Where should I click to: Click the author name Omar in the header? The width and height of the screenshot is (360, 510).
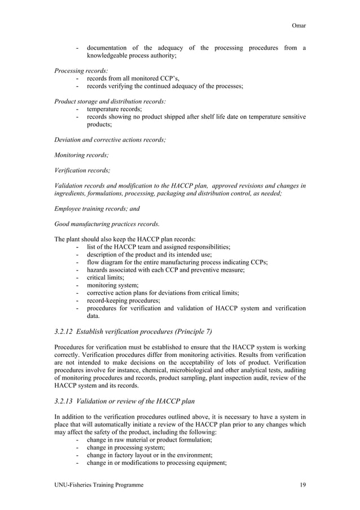[x=298, y=25]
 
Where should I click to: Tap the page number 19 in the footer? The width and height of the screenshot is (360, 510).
[x=302, y=485]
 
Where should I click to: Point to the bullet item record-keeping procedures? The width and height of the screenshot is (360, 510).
[x=123, y=301]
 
